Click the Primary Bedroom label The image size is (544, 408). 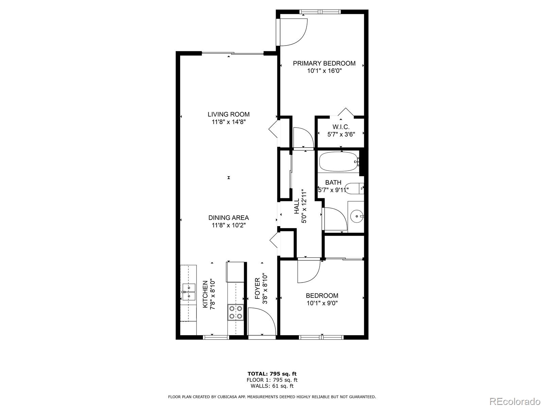(324, 63)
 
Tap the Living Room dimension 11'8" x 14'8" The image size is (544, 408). (228, 122)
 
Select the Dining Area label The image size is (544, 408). (228, 218)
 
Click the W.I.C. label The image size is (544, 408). (341, 127)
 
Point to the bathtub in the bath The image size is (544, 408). (338, 162)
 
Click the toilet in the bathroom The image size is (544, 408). (354, 188)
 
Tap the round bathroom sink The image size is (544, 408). (356, 216)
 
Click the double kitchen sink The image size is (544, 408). (188, 292)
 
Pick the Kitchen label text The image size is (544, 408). (205, 294)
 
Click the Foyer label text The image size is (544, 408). (257, 289)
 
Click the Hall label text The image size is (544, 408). (296, 206)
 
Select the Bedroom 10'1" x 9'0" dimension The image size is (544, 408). (322, 303)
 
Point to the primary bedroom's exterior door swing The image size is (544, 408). (292, 32)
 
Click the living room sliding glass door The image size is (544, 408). (233, 53)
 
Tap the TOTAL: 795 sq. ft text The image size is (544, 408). (272, 374)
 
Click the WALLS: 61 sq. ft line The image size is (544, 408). (272, 386)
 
